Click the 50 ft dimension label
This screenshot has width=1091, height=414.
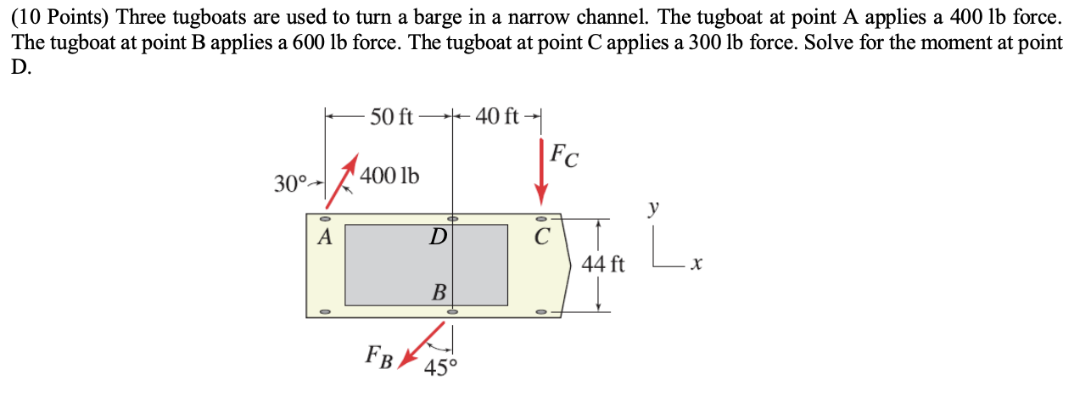point(391,116)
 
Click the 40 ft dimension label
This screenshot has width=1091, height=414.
point(498,116)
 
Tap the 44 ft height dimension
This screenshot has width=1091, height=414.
point(604,265)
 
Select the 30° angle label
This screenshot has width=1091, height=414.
point(290,182)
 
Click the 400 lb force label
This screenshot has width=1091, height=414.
point(389,176)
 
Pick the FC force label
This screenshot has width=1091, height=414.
point(565,156)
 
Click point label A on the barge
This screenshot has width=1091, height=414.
point(323,238)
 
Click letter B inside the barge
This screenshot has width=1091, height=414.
point(439,294)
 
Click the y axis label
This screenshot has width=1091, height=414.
point(653,207)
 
